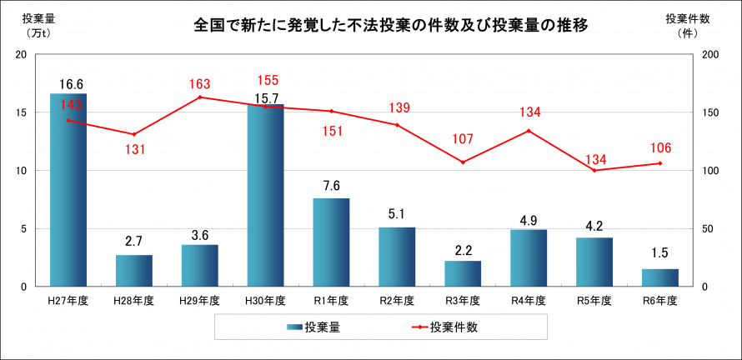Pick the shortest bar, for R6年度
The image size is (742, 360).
(659, 277)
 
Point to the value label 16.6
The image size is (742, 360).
(72, 84)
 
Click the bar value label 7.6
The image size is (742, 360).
(331, 186)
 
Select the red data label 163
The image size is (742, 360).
(200, 84)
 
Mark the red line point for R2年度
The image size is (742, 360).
(397, 125)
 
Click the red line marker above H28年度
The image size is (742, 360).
(134, 134)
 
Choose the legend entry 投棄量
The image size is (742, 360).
(313, 327)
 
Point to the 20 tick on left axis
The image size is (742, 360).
(22, 54)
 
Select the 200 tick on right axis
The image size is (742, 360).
(709, 54)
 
